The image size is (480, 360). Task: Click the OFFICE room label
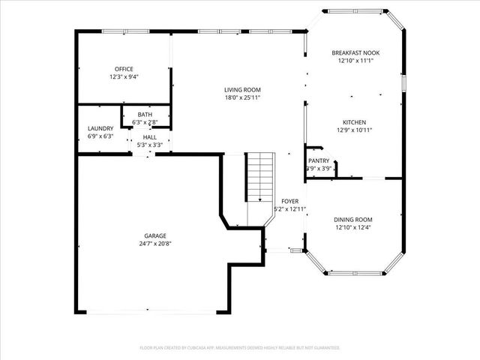tap(124, 69)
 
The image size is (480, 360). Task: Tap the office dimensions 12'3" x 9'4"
tap(124, 76)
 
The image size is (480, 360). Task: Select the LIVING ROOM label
tap(242, 90)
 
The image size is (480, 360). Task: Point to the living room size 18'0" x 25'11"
tap(242, 97)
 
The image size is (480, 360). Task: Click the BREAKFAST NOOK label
tap(355, 52)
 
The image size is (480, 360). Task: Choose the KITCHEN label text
tap(355, 122)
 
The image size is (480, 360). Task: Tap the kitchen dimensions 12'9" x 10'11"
tap(355, 130)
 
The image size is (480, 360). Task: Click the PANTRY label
tap(319, 160)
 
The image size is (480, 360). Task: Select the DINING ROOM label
tap(352, 219)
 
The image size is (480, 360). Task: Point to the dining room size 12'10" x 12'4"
tap(352, 227)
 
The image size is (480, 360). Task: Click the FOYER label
tap(289, 201)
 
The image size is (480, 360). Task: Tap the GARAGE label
tap(155, 235)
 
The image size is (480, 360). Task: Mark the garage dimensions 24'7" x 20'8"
tap(155, 244)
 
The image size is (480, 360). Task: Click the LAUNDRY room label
tap(100, 128)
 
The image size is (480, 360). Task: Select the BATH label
tap(145, 115)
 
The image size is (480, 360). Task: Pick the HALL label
tap(149, 137)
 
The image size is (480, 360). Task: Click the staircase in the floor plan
tap(260, 176)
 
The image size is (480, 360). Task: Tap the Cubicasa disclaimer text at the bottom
tap(240, 348)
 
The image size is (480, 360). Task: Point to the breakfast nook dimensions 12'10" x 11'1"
tap(355, 61)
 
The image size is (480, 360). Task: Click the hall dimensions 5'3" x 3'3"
tap(149, 145)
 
